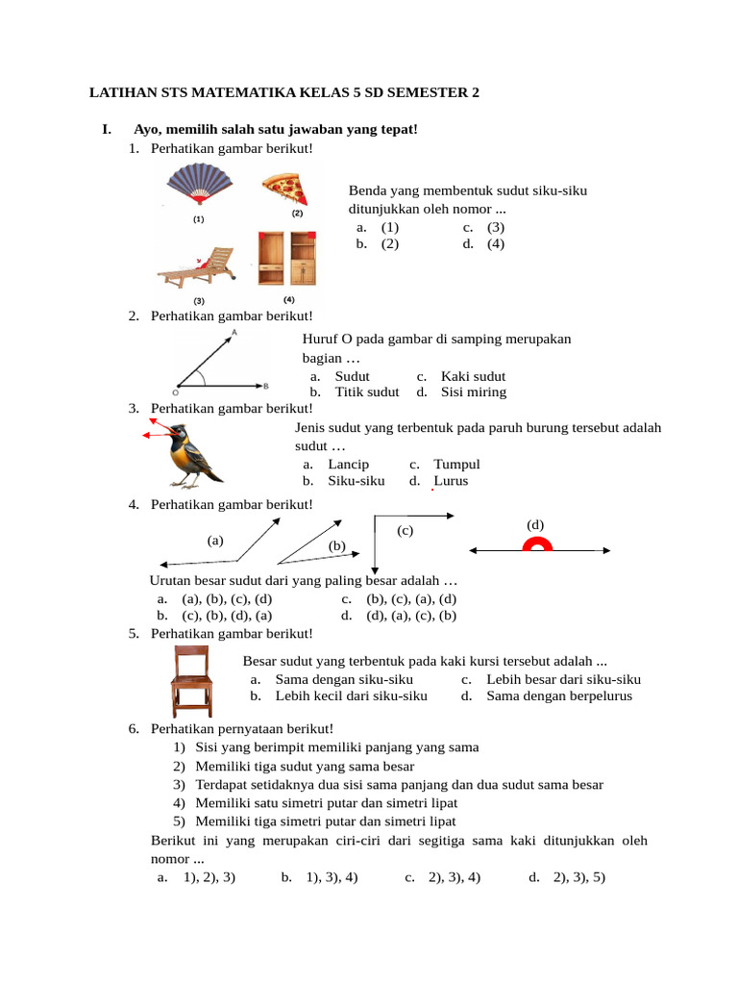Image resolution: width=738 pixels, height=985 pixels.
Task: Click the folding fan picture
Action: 197,187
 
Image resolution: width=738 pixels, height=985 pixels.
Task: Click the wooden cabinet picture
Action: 286,259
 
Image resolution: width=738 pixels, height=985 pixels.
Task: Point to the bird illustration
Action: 189,454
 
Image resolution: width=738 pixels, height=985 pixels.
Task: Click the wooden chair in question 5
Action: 191,681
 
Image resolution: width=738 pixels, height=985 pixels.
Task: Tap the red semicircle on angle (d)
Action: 537,546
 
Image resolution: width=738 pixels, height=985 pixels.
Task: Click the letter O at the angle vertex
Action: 176,392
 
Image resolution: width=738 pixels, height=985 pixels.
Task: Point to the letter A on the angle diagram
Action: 235,331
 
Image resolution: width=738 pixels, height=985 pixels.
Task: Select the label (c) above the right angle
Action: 405,530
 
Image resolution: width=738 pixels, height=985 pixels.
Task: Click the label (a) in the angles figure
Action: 215,541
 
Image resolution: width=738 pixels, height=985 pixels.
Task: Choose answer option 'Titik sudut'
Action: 366,391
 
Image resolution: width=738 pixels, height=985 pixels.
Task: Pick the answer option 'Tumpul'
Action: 456,464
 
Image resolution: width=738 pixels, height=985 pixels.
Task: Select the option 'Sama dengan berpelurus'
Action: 559,695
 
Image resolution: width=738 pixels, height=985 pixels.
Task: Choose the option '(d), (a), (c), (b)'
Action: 410,616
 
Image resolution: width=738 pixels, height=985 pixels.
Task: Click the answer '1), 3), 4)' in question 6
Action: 332,877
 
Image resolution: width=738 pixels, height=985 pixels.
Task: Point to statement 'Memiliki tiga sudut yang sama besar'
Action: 305,766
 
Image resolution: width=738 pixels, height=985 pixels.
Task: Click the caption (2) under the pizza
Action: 297,213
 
